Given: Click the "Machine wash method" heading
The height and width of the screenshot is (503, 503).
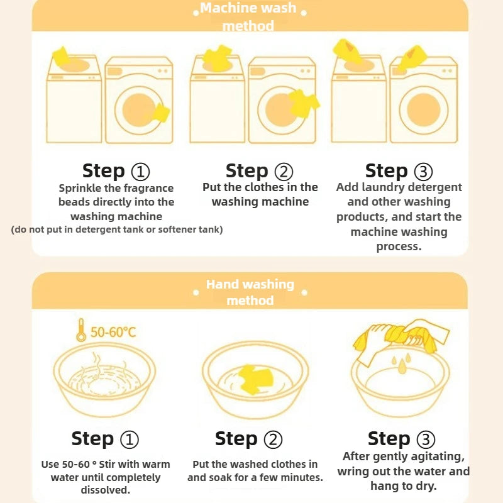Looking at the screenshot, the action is pyautogui.click(x=248, y=17).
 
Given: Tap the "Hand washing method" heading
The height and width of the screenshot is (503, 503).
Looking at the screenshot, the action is pyautogui.click(x=250, y=292).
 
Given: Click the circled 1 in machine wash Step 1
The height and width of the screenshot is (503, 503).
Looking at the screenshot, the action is pyautogui.click(x=140, y=172).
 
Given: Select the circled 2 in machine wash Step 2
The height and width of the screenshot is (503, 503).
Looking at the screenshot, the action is pyautogui.click(x=284, y=172).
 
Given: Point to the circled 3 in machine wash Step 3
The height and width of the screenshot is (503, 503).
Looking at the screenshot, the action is pyautogui.click(x=423, y=172).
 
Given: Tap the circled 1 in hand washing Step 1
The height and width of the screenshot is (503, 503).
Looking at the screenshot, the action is pyautogui.click(x=130, y=439).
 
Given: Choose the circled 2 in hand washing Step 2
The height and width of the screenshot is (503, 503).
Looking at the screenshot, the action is pyautogui.click(x=273, y=439).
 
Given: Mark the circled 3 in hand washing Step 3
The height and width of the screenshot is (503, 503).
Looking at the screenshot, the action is pyautogui.click(x=426, y=439).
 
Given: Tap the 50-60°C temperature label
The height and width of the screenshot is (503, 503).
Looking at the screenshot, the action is pyautogui.click(x=113, y=332).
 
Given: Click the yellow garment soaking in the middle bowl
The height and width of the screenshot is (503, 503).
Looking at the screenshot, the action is pyautogui.click(x=256, y=379).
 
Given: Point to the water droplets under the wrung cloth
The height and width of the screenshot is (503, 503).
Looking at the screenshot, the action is pyautogui.click(x=401, y=363).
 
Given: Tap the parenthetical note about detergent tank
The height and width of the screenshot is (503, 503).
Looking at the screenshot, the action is pyautogui.click(x=117, y=229).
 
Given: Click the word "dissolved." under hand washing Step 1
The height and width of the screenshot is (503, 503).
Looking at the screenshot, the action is pyautogui.click(x=106, y=490).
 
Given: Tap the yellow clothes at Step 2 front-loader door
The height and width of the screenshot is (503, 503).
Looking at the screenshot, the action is pyautogui.click(x=302, y=103).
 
